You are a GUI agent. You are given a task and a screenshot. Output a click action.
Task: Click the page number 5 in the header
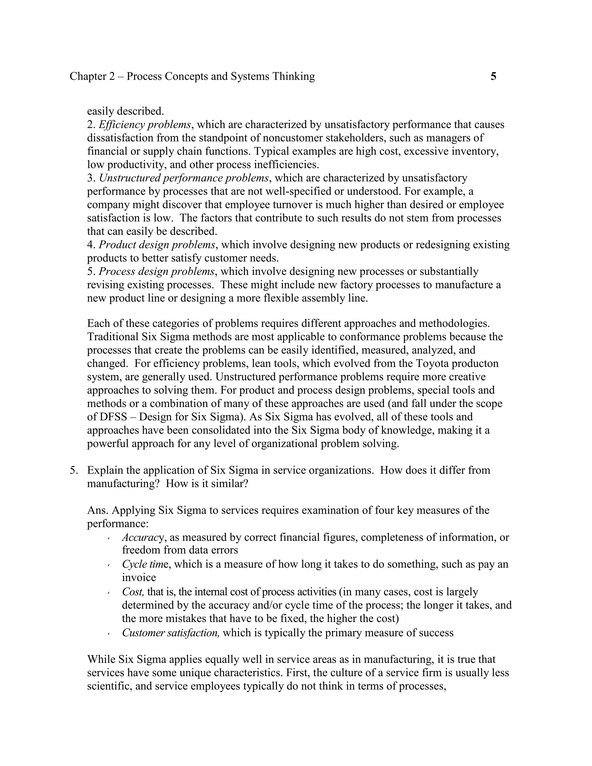click(x=493, y=77)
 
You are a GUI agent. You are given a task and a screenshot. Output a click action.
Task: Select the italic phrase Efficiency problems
click(x=145, y=125)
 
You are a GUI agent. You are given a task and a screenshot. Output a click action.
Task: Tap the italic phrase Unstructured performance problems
click(x=184, y=178)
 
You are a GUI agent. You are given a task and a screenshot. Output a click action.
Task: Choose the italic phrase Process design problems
click(x=156, y=271)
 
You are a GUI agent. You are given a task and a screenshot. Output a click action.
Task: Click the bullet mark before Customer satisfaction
click(x=109, y=633)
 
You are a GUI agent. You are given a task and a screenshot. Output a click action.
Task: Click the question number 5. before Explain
click(x=74, y=470)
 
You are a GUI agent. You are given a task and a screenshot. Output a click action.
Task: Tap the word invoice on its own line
click(x=139, y=577)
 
